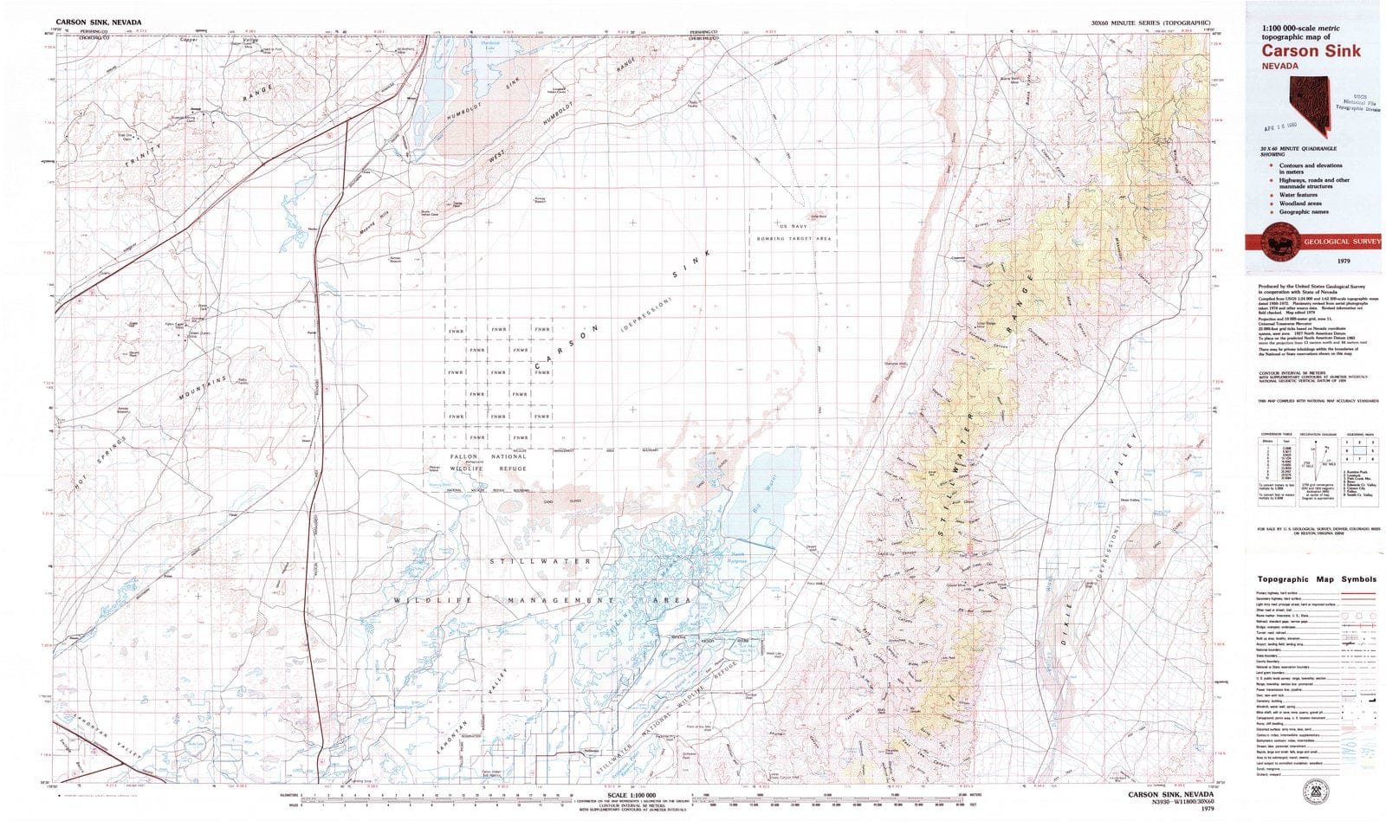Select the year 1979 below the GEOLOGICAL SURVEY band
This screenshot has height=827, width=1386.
tap(1344, 261)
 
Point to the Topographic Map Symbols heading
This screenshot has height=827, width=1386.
tap(1316, 579)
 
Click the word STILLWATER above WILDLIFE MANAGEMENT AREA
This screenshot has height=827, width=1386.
tap(541, 561)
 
